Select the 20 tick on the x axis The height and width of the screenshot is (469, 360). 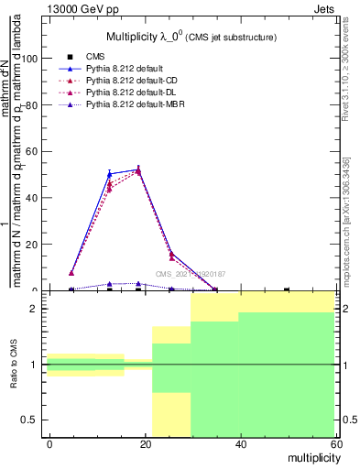[146, 443]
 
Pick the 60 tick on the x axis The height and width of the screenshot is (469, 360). [334, 443]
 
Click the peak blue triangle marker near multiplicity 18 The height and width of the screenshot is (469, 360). [138, 169]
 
